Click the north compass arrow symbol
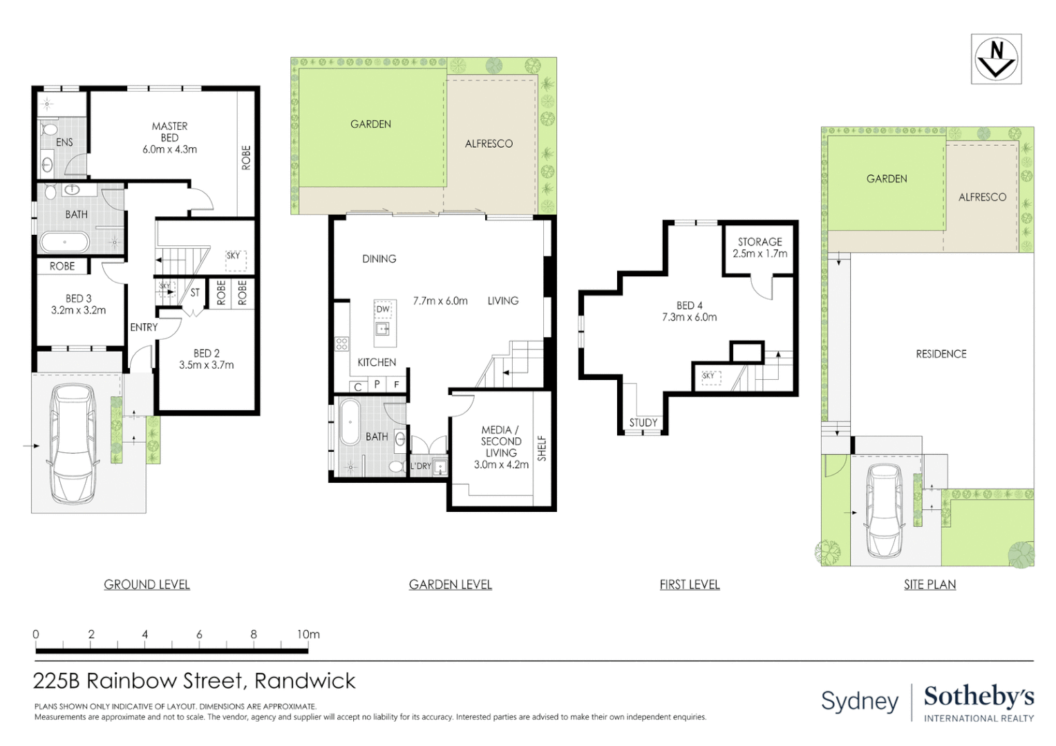(996, 59)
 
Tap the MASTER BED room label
(170, 132)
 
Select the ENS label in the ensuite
(64, 142)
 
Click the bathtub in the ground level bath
(64, 242)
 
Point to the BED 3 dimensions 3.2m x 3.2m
(79, 310)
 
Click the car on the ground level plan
(73, 443)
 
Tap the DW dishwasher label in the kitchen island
(384, 309)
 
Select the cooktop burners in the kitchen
(342, 343)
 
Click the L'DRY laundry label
(420, 466)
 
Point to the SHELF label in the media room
(542, 448)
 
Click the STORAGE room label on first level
(760, 242)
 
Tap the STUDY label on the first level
(643, 423)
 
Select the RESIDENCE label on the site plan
(941, 354)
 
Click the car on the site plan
(884, 510)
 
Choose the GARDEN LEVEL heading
(450, 585)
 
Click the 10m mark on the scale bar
(308, 634)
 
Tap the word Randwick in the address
(305, 681)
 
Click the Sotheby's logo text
(979, 697)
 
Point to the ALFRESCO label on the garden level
(489, 144)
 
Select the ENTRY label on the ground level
(144, 327)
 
